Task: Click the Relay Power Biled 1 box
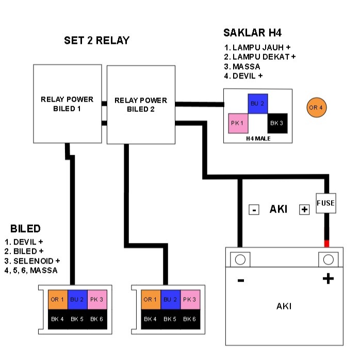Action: click(x=67, y=104)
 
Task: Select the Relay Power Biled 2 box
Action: click(x=141, y=105)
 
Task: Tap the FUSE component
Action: click(x=325, y=203)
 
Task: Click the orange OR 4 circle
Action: click(x=316, y=108)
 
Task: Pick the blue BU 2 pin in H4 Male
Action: click(x=257, y=104)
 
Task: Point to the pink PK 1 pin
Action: click(x=238, y=124)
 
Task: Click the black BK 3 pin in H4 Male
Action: click(x=276, y=124)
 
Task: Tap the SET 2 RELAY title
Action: click(x=96, y=40)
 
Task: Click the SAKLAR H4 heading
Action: click(x=252, y=33)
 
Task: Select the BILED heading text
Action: click(x=25, y=228)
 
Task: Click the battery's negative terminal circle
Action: click(x=240, y=259)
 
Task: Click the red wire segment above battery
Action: click(x=326, y=243)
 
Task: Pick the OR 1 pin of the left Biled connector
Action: click(x=57, y=299)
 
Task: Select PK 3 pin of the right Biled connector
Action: click(x=189, y=299)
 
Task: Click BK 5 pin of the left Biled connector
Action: click(x=76, y=319)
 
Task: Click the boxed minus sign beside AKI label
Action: click(x=254, y=209)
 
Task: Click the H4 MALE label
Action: click(x=257, y=138)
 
